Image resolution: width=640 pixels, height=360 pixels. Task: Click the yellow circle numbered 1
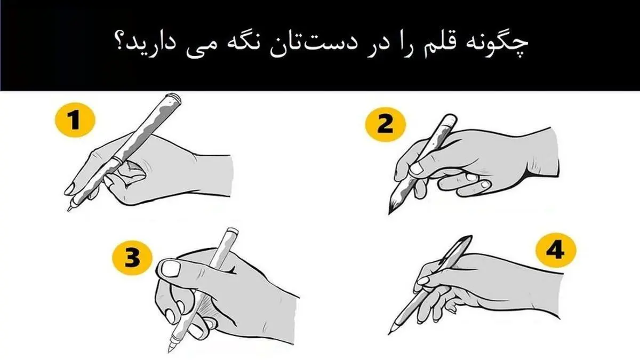[75, 120]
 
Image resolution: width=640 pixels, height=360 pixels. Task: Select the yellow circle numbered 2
[386, 125]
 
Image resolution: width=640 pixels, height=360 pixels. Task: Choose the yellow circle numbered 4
[556, 250]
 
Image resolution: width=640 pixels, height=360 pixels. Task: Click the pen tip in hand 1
[69, 210]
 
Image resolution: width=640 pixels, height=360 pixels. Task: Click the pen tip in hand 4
[389, 334]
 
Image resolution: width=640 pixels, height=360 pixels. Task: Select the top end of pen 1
[174, 97]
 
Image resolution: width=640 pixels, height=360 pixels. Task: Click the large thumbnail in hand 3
[170, 269]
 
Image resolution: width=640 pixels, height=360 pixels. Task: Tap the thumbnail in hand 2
[417, 168]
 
